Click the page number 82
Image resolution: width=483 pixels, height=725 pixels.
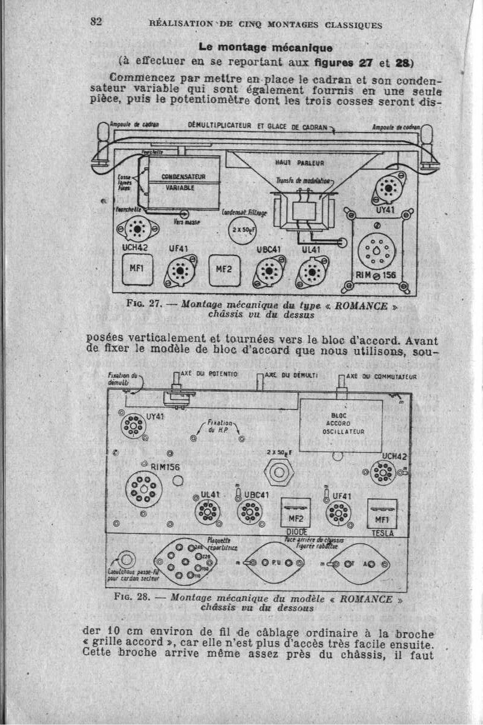point(97,21)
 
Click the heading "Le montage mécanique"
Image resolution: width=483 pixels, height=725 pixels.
point(265,47)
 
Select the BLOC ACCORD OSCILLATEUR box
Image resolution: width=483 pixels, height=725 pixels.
point(340,425)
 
